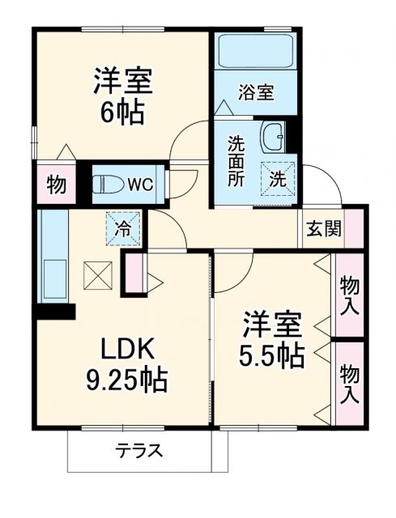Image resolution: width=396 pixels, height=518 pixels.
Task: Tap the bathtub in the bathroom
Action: click(255, 53)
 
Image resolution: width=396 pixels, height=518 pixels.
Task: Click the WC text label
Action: click(140, 185)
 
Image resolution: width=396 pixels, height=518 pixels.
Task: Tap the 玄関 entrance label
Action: click(322, 229)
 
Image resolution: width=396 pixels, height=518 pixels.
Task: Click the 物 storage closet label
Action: click(55, 185)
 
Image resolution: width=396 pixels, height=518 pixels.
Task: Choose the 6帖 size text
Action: click(123, 112)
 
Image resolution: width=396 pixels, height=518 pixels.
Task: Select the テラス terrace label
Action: click(138, 450)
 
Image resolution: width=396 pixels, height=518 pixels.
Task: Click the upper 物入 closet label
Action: click(350, 295)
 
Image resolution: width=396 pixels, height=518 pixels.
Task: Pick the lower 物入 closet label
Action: click(350, 382)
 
